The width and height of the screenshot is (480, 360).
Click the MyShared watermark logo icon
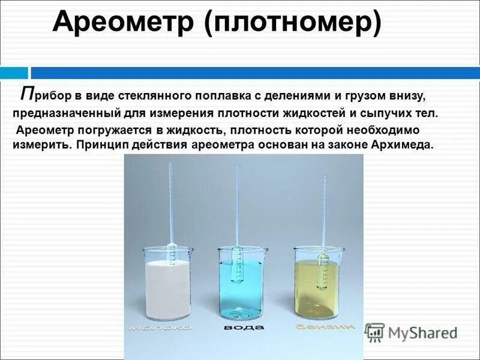pos(374,332)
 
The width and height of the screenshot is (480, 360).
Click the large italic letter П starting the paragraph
pos(27,94)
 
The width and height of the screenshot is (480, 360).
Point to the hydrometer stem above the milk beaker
pos(170,198)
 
